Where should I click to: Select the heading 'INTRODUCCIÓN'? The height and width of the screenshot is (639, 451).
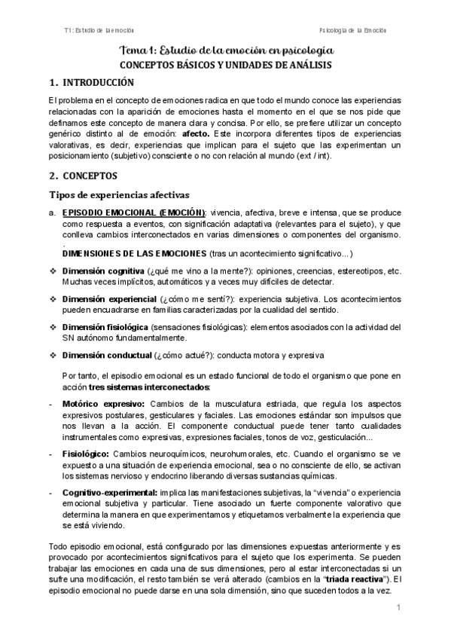pyautogui.click(x=97, y=82)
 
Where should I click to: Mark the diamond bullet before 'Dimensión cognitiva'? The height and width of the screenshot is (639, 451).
pyautogui.click(x=52, y=271)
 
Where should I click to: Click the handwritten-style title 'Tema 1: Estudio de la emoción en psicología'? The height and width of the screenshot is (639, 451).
pyautogui.click(x=226, y=50)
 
